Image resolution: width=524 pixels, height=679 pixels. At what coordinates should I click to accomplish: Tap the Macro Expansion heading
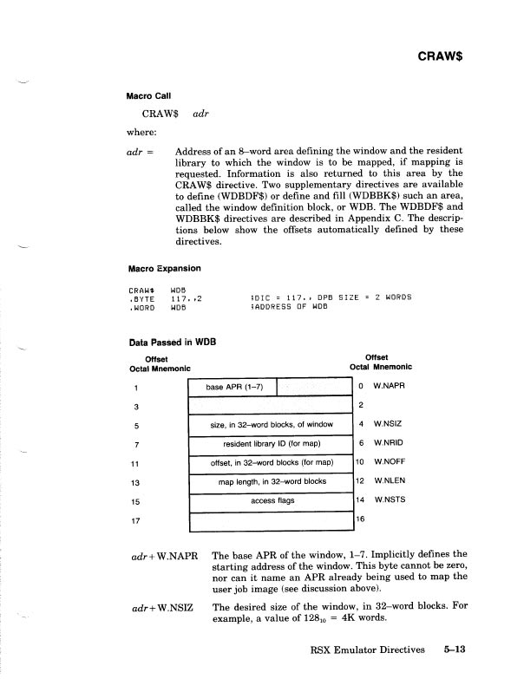(165, 268)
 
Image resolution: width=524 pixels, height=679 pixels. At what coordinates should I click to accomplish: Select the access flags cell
(271, 500)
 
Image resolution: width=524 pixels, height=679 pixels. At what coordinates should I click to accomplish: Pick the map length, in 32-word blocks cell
(271, 481)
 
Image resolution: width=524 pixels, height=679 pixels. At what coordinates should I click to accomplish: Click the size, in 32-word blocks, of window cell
(271, 424)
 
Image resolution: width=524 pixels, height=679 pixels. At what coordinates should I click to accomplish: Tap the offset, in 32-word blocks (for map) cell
(271, 462)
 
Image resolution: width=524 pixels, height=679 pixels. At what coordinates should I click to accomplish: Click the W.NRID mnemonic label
(390, 443)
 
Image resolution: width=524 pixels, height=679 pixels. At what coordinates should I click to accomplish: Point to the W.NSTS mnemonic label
(390, 500)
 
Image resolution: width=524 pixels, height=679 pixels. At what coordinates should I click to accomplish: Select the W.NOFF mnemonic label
(390, 462)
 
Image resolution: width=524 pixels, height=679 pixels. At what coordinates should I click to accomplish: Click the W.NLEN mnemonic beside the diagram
(390, 481)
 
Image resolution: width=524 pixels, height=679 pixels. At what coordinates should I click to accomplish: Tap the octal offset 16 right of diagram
(361, 518)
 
